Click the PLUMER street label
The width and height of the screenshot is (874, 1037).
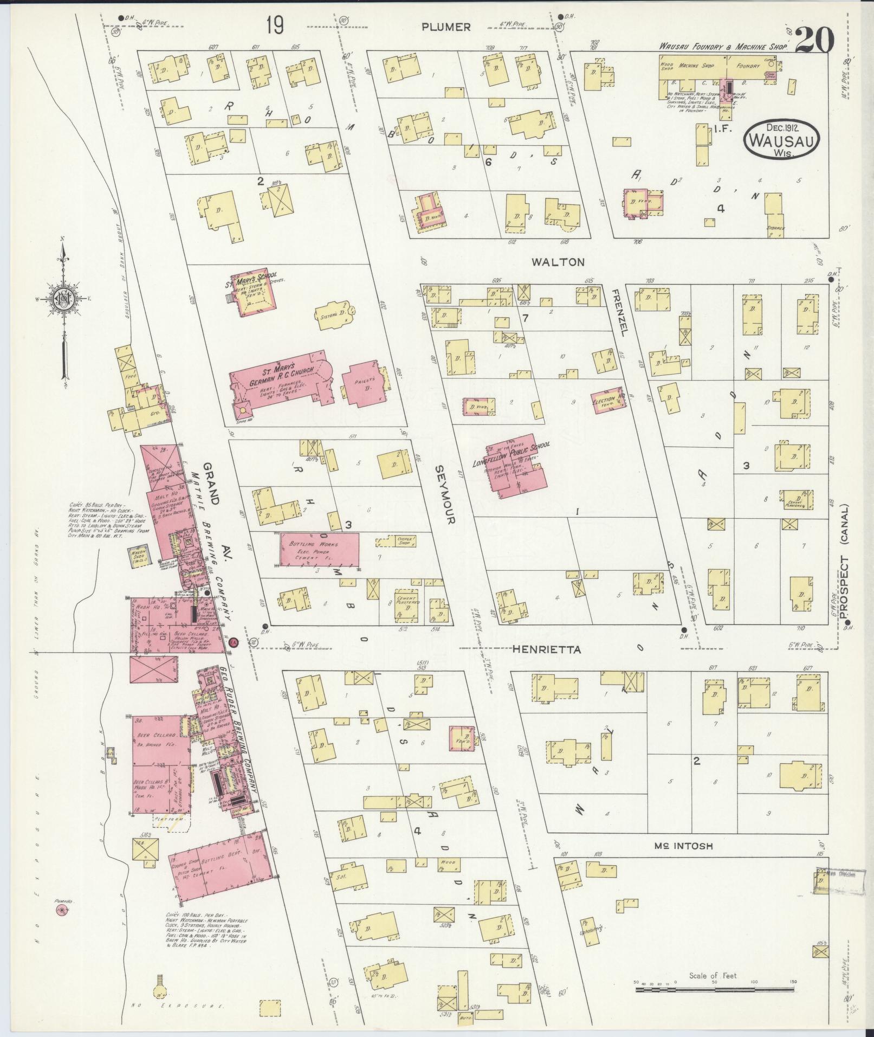coord(446,27)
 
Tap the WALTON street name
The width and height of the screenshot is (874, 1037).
coord(558,262)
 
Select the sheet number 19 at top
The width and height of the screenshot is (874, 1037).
coord(275,25)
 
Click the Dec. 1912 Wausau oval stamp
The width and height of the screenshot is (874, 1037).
coord(782,139)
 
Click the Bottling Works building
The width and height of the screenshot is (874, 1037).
coord(320,551)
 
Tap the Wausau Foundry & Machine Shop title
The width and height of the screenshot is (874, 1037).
coord(722,48)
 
